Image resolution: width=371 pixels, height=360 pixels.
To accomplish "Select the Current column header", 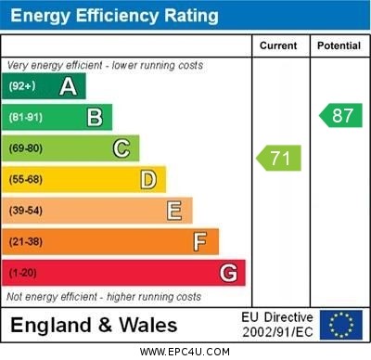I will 278,45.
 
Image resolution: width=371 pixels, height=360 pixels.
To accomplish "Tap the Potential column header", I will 339,45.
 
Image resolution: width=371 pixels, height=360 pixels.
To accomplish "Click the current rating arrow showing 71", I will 279,158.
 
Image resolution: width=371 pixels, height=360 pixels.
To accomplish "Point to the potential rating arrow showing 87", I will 340,115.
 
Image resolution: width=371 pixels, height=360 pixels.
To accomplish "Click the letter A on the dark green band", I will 68,86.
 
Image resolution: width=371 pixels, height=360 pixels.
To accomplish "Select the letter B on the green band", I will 95,117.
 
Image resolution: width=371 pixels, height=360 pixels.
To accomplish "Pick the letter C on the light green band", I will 122,148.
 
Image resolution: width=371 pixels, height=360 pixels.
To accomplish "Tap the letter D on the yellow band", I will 148,179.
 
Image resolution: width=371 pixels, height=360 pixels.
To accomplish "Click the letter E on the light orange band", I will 174,211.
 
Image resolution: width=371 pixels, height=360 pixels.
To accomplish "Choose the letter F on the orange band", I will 199,241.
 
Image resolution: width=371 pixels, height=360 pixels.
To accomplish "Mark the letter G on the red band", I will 228,273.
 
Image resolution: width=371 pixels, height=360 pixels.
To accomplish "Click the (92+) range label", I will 22,87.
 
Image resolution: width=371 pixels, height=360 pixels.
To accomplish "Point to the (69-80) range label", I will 26,148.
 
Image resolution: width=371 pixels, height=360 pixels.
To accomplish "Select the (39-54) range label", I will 26,211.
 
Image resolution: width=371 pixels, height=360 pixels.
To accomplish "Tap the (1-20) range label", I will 23,273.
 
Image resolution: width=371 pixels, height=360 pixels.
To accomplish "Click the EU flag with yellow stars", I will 341,325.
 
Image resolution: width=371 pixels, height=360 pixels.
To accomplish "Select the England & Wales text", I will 94,326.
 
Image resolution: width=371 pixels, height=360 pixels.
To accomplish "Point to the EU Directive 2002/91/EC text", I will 277,325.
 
